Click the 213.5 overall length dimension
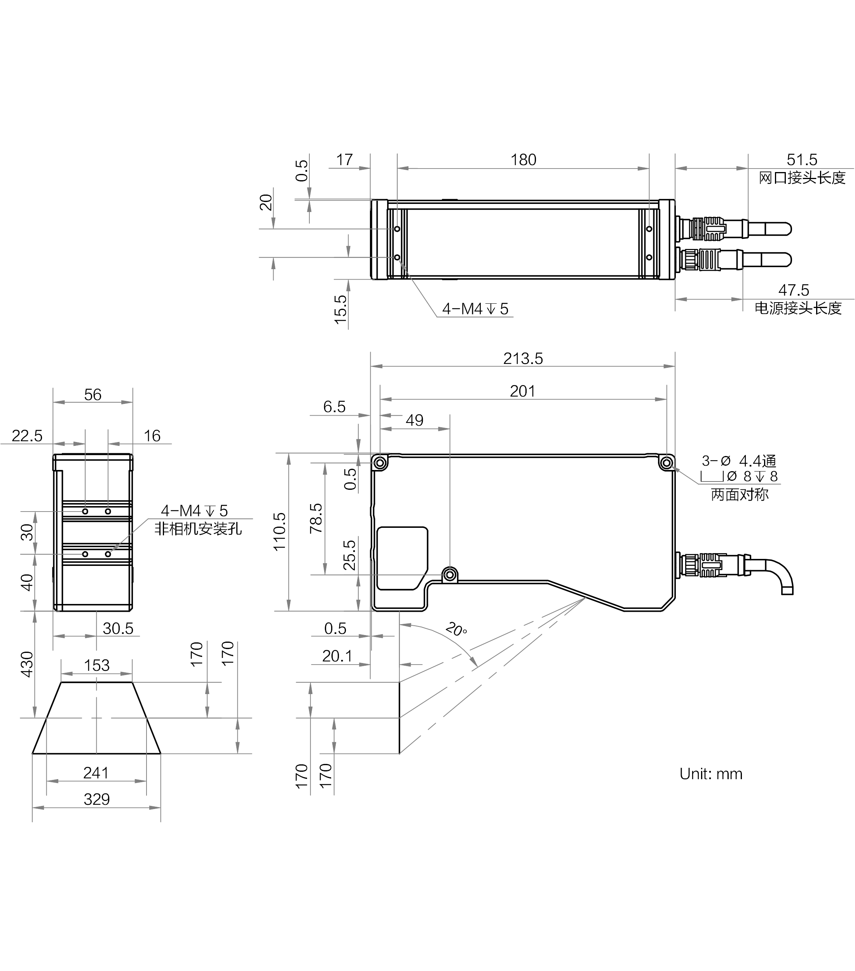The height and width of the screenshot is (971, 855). tap(523, 358)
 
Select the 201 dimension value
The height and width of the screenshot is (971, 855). tap(522, 391)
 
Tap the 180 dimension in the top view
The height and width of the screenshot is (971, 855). tap(523, 160)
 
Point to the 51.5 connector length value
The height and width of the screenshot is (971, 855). tap(802, 160)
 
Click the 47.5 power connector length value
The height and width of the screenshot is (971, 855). tap(794, 290)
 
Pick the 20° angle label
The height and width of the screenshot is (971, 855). tap(456, 630)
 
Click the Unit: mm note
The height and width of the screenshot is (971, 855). tap(710, 774)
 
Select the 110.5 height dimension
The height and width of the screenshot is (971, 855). tap(279, 532)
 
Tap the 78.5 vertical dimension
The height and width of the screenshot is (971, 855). tap(316, 518)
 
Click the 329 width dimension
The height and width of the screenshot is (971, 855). tap(96, 799)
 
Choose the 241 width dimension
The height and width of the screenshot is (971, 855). tap(96, 773)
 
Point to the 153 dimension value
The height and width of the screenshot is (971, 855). tap(96, 665)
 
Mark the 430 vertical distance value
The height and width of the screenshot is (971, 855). tap(27, 664)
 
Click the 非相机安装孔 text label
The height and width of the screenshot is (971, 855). tap(198, 529)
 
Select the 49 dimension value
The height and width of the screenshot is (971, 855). tap(414, 420)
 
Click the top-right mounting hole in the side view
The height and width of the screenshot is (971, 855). tap(667, 462)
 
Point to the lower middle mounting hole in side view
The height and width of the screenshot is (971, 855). tap(450, 575)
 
